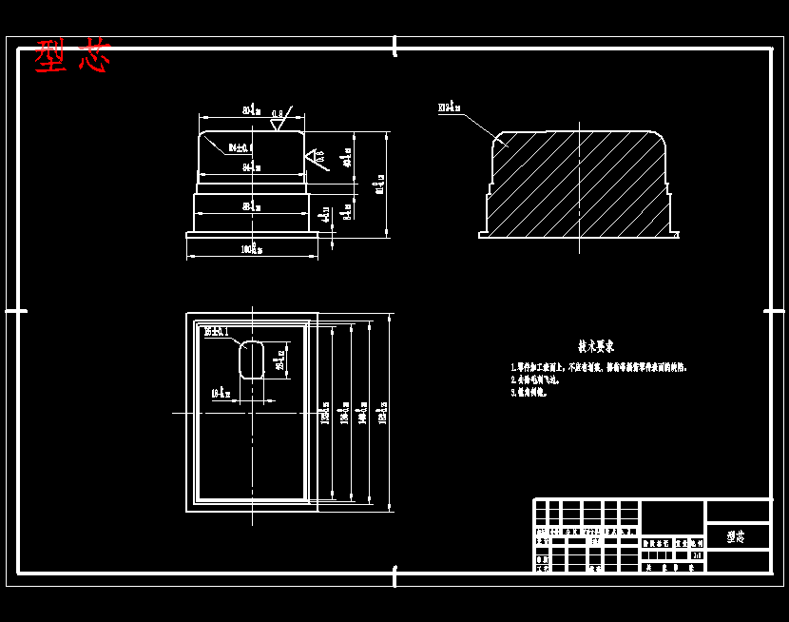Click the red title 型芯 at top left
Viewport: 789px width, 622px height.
72,57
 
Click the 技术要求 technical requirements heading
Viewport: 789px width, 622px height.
596,346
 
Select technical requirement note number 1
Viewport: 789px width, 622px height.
598,366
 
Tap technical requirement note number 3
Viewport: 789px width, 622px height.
529,391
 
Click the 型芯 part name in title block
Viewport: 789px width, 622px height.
736,536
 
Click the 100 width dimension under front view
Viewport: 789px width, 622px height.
252,249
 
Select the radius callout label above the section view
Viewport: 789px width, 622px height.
450,108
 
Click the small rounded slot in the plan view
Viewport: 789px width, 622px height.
252,359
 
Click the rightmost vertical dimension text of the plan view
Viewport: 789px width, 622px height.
383,414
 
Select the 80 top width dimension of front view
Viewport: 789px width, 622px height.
252,111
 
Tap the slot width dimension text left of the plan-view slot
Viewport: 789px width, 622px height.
221,392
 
